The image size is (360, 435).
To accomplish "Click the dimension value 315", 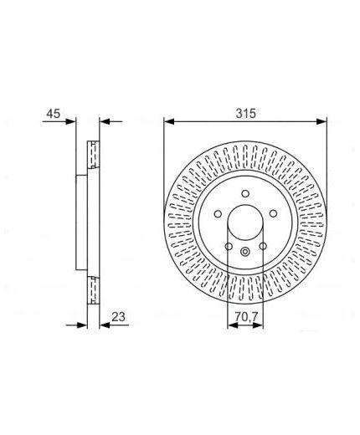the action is pyautogui.click(x=245, y=114).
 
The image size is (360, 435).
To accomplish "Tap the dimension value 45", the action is pyautogui.click(x=54, y=114).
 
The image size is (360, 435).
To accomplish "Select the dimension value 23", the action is pyautogui.click(x=118, y=317).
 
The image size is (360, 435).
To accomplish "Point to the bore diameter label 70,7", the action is pyautogui.click(x=245, y=317).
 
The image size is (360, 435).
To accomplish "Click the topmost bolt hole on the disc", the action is pyautogui.click(x=245, y=193).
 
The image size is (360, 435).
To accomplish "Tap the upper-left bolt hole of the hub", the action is pyautogui.click(x=218, y=213).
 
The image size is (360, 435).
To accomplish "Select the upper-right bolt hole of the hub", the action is pyautogui.click(x=273, y=213).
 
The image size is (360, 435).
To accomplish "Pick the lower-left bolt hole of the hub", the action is pyautogui.click(x=229, y=246).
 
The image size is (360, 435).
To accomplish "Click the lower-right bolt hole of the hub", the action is pyautogui.click(x=263, y=246).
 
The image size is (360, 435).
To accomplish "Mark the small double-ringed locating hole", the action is pyautogui.click(x=245, y=252).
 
